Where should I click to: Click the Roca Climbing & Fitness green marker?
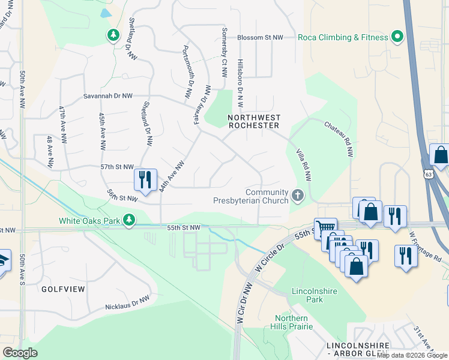click(x=397, y=37)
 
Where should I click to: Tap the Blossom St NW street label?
click(x=260, y=37)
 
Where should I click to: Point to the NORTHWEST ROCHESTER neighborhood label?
click(x=255, y=121)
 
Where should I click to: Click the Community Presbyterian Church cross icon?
click(x=297, y=196)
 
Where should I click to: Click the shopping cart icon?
click(x=325, y=227)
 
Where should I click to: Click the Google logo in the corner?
click(x=20, y=352)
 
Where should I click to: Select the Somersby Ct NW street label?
click(x=224, y=60)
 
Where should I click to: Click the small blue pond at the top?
click(x=106, y=12)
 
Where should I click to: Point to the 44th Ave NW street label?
click(x=172, y=175)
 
